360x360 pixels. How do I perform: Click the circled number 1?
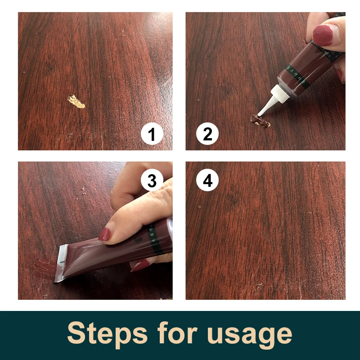click(152, 135)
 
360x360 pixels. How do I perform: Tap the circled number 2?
click(207, 135)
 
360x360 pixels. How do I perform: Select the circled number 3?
click(152, 180)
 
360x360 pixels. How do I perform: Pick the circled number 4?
click(207, 180)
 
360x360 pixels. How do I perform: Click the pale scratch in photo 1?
click(76, 102)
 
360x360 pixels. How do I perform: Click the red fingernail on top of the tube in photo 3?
click(104, 234)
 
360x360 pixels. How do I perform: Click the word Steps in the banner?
click(107, 334)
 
